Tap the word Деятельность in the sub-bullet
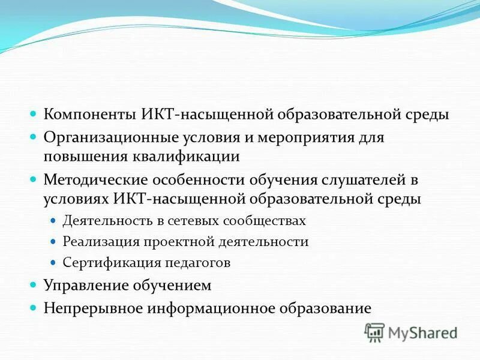click(100, 221)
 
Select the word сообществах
click(266, 221)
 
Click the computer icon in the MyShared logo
click(374, 332)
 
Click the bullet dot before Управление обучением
click(34, 286)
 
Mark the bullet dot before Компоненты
click(34, 114)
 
